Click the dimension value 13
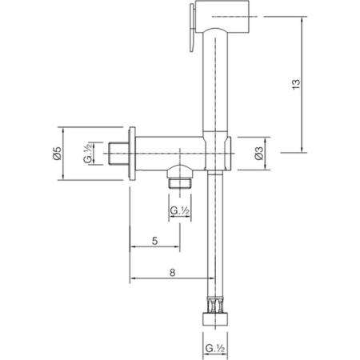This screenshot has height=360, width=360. pos(318,83)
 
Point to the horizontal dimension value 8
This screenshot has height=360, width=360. pos(173,272)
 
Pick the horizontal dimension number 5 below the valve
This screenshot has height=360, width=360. pos(154,240)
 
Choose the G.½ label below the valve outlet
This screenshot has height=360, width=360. pos(179,210)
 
